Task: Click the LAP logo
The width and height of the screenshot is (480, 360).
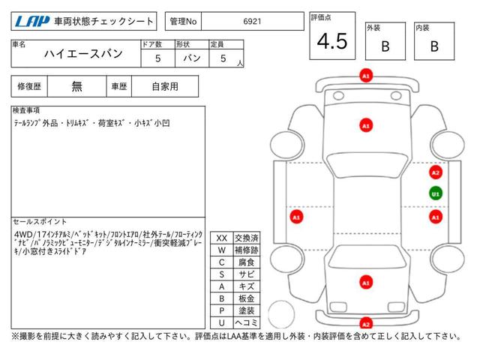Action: point(32,22)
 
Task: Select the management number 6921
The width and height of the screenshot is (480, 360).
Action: point(252,22)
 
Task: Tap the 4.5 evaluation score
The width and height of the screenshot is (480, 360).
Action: point(332,41)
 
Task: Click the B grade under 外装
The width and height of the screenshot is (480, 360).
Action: point(385,46)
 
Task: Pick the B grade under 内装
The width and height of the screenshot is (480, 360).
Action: point(434,46)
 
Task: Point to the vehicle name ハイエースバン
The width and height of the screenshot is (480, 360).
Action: point(83,54)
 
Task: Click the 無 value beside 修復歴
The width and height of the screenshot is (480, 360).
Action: point(76,87)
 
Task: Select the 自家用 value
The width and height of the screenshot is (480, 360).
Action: point(165,87)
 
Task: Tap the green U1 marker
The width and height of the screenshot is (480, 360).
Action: point(436,193)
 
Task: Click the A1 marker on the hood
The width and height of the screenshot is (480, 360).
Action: point(366,125)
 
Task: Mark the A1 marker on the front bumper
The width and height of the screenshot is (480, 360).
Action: point(366,76)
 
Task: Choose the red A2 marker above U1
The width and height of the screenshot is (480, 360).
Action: point(436,172)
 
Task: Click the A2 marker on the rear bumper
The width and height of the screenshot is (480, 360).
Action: point(366,324)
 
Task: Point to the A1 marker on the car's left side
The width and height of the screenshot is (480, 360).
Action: point(296,217)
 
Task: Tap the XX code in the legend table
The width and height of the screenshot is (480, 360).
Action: point(222,238)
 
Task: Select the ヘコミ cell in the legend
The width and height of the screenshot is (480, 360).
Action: point(247,322)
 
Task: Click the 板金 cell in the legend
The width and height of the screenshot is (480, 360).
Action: point(247,298)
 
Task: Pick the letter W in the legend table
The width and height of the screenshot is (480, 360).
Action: point(222,250)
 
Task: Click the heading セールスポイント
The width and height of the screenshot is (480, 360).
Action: point(40,222)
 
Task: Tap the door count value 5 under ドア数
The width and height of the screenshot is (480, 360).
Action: point(158,58)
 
